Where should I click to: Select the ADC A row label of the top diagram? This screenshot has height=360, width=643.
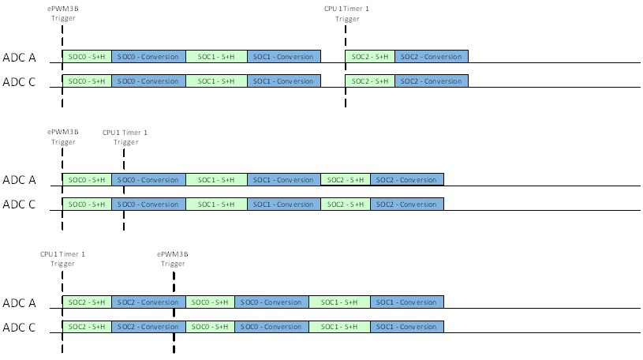[20, 57]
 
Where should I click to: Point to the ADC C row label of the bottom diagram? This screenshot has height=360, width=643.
[20, 327]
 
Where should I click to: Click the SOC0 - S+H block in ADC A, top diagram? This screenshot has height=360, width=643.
[87, 57]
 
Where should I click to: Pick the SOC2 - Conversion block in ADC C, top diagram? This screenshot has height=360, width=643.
[432, 81]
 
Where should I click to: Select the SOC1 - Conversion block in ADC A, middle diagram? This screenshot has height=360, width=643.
[283, 180]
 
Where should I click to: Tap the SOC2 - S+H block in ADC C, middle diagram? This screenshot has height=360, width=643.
[346, 204]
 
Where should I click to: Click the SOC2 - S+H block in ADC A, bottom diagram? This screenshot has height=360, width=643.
[87, 302]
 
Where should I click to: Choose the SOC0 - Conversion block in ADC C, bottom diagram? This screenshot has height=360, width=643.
[271, 326]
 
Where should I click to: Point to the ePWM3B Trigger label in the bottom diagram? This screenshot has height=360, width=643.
[173, 259]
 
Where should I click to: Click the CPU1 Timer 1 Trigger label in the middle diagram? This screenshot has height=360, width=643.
[125, 137]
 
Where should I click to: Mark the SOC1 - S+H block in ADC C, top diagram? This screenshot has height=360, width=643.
[216, 81]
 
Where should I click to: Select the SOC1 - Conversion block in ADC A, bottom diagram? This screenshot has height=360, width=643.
[407, 302]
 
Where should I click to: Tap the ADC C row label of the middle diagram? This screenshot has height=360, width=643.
[20, 204]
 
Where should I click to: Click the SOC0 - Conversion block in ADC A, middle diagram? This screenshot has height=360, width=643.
[148, 180]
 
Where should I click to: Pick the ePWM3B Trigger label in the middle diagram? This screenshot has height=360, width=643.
[63, 137]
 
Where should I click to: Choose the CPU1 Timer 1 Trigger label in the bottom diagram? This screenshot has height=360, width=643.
[62, 259]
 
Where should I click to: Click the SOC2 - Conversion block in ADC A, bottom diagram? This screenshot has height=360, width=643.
[148, 302]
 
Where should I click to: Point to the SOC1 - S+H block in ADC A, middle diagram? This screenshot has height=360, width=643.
[216, 180]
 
